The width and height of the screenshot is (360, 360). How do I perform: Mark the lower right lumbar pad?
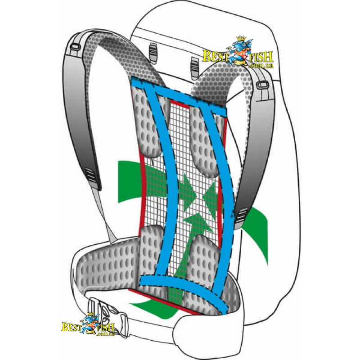202,256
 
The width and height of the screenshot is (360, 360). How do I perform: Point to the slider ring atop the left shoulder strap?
75,46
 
